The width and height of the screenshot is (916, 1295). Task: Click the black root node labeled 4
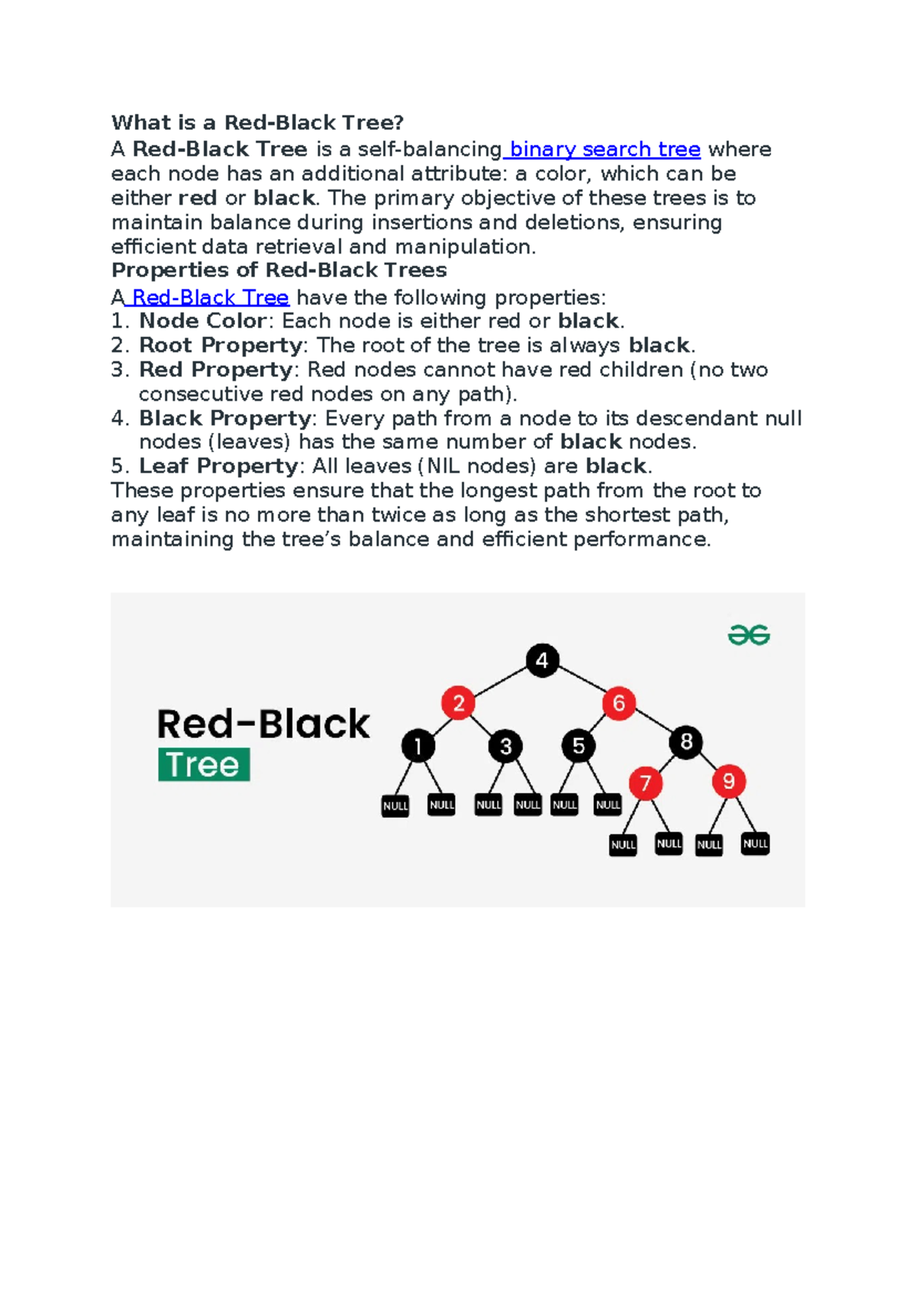[542, 660]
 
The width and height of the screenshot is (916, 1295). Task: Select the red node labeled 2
[459, 702]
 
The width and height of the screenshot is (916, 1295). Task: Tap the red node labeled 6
[619, 702]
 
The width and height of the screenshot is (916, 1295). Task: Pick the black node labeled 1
[418, 745]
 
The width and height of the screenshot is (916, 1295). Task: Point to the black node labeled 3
[505, 745]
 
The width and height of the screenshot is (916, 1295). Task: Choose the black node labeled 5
[579, 745]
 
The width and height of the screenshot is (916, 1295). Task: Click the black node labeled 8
[686, 741]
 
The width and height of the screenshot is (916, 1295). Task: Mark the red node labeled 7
[646, 783]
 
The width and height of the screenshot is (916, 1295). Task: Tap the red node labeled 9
[729, 781]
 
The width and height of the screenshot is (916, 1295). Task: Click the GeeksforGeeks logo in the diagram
[749, 635]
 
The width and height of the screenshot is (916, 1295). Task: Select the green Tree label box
[204, 764]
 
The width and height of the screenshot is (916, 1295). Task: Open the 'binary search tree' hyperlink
[604, 149]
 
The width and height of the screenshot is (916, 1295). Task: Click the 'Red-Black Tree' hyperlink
[210, 297]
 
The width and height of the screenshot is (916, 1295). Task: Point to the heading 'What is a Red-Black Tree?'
[257, 123]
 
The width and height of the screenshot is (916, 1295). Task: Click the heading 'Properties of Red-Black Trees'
[279, 270]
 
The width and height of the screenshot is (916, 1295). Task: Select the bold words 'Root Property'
[220, 345]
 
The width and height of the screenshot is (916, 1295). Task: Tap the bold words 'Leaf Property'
[218, 466]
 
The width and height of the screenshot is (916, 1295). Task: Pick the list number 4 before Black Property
[119, 418]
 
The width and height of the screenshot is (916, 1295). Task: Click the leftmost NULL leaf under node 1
[395, 806]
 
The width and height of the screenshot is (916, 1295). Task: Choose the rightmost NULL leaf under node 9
[755, 844]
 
